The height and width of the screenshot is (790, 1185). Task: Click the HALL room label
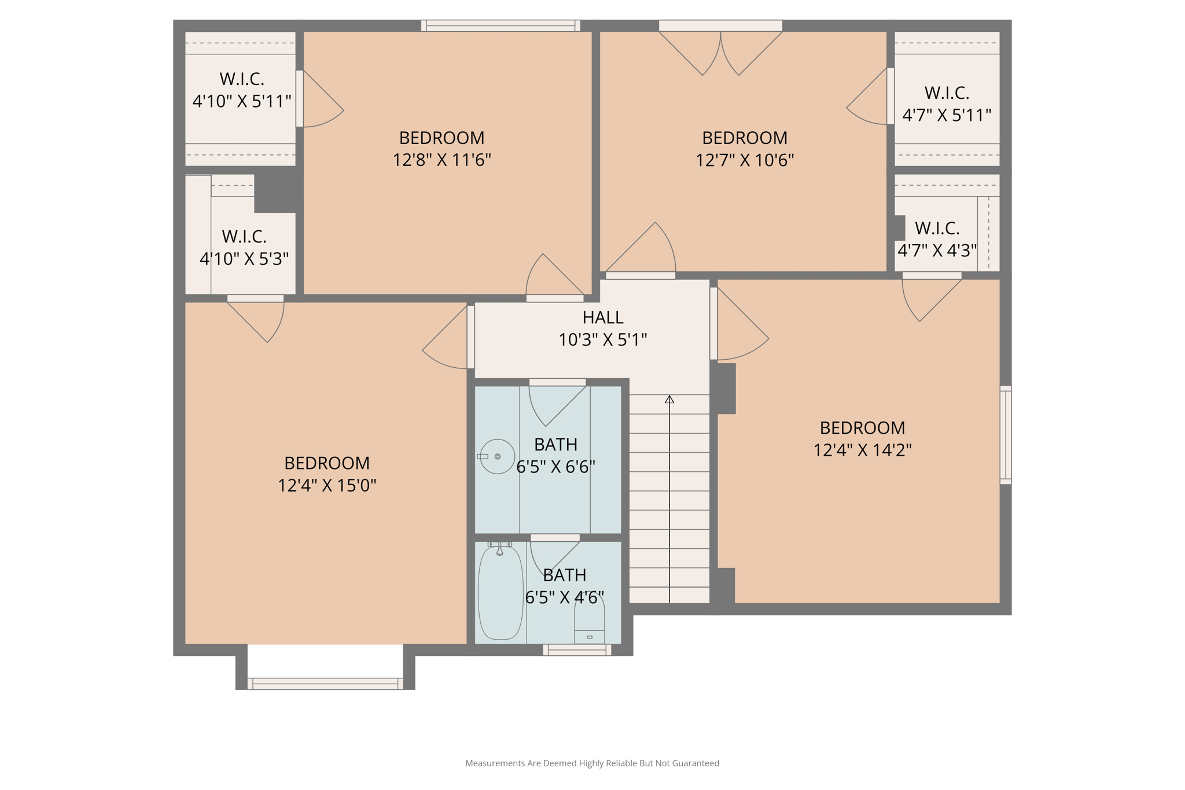(602, 318)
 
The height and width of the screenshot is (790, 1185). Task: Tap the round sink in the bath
(497, 456)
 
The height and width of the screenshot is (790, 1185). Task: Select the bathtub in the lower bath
(500, 592)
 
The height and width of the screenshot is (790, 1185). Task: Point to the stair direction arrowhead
(669, 399)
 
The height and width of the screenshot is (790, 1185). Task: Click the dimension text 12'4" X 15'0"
(327, 485)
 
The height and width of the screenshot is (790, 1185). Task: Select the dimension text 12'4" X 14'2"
(862, 449)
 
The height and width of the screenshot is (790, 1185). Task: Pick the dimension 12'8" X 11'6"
(441, 159)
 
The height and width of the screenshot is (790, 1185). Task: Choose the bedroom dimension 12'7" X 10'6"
(744, 159)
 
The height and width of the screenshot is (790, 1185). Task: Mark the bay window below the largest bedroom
(325, 683)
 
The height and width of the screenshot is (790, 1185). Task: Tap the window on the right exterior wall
(1006, 435)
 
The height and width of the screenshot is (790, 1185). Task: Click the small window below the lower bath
(577, 650)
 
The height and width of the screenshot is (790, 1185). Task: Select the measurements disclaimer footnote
(592, 763)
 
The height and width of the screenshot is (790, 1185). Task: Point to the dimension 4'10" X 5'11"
(241, 101)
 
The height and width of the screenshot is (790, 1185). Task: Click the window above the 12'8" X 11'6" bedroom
(501, 25)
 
